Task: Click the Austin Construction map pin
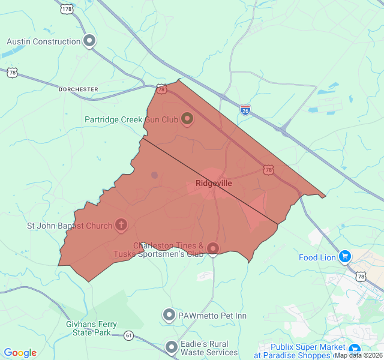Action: (89, 41)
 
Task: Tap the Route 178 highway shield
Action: (67, 8)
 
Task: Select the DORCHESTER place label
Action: (79, 89)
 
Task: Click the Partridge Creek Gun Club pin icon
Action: (187, 118)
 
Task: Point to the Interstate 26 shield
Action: (245, 110)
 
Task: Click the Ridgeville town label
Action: (214, 183)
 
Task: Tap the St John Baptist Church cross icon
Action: (121, 225)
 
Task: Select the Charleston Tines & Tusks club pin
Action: (213, 248)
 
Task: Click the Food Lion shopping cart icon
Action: (344, 257)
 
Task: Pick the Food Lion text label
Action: (317, 257)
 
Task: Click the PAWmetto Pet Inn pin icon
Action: (169, 315)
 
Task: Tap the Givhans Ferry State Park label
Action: (92, 328)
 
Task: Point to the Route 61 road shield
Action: (129, 335)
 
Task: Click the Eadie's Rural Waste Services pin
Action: (172, 347)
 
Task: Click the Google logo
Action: (20, 353)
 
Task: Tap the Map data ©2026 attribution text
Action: (359, 355)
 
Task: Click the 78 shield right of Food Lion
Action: (361, 276)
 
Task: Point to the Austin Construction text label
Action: (44, 41)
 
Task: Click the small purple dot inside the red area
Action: (154, 175)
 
